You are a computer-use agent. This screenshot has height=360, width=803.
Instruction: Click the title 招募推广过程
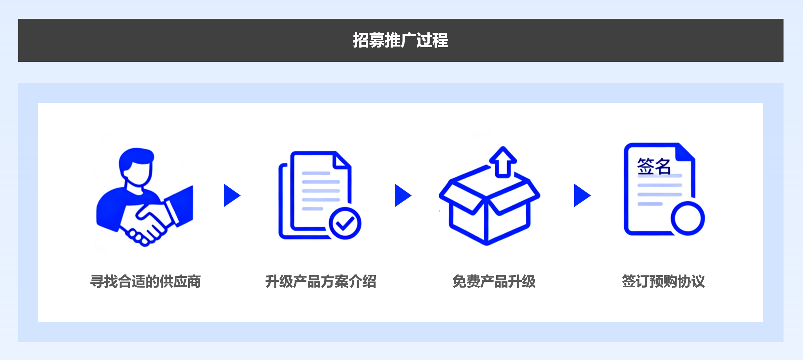click(x=401, y=40)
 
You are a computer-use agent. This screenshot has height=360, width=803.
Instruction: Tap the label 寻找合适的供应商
click(x=146, y=281)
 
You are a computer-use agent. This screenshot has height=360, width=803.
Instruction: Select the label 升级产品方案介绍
click(x=321, y=281)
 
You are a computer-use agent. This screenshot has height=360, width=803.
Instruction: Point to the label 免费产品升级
click(x=494, y=281)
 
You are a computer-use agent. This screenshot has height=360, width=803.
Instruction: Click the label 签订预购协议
click(x=663, y=281)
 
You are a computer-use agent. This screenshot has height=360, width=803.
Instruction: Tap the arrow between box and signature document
click(x=582, y=195)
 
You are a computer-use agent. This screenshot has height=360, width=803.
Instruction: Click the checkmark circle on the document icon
click(x=345, y=224)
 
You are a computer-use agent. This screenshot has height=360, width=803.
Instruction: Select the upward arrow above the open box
click(x=503, y=162)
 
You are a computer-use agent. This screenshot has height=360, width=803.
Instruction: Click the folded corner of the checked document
click(x=342, y=160)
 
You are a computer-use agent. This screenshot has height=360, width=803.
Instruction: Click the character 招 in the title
click(x=361, y=40)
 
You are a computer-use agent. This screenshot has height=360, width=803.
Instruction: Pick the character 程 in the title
click(x=440, y=40)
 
